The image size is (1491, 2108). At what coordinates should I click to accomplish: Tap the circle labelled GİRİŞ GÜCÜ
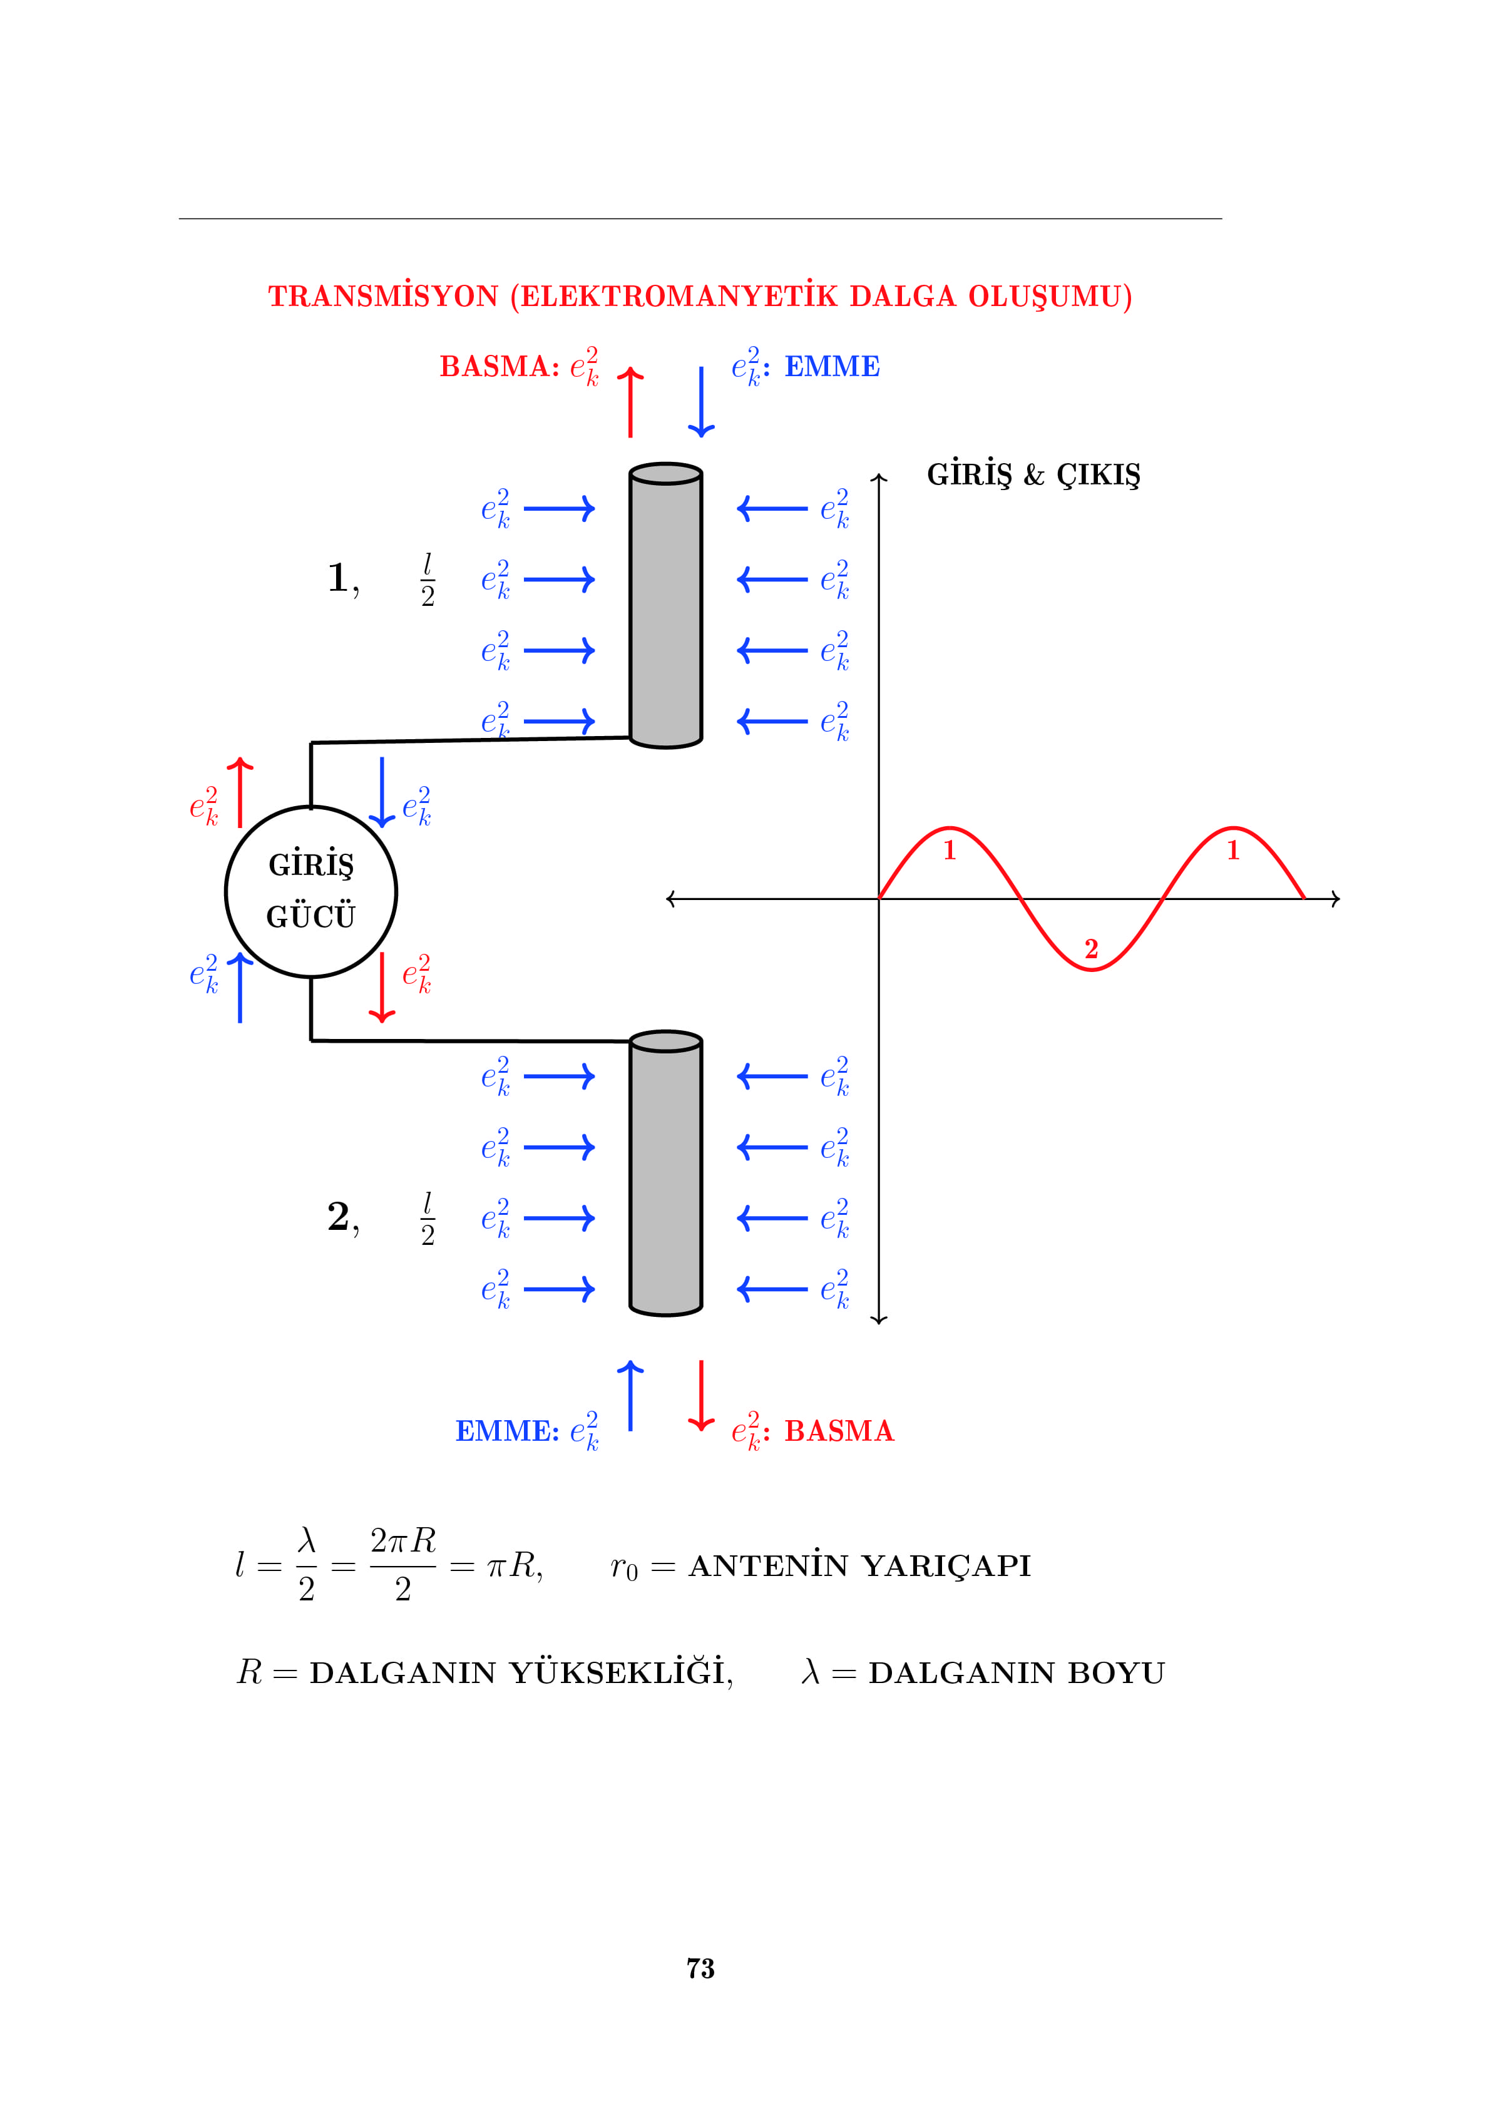click(x=311, y=891)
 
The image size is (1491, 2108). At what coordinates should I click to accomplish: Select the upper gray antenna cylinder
click(x=665, y=606)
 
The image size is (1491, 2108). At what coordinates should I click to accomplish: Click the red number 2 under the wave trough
click(x=1090, y=948)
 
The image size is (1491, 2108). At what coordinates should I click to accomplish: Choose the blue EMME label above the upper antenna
click(x=832, y=366)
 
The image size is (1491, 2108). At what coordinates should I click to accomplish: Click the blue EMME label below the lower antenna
click(x=507, y=1430)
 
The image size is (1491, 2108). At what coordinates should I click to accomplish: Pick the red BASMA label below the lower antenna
click(x=838, y=1430)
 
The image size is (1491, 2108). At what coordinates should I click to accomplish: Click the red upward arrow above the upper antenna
click(x=630, y=402)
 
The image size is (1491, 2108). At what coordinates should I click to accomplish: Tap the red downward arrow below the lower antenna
click(x=702, y=1396)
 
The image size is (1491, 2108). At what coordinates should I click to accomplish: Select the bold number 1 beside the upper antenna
click(x=337, y=578)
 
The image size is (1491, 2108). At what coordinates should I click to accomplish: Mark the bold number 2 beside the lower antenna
click(x=337, y=1217)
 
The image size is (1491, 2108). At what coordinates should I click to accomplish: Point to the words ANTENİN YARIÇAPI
click(x=859, y=1565)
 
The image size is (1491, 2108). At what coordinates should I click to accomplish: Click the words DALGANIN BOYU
click(x=1017, y=1673)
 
